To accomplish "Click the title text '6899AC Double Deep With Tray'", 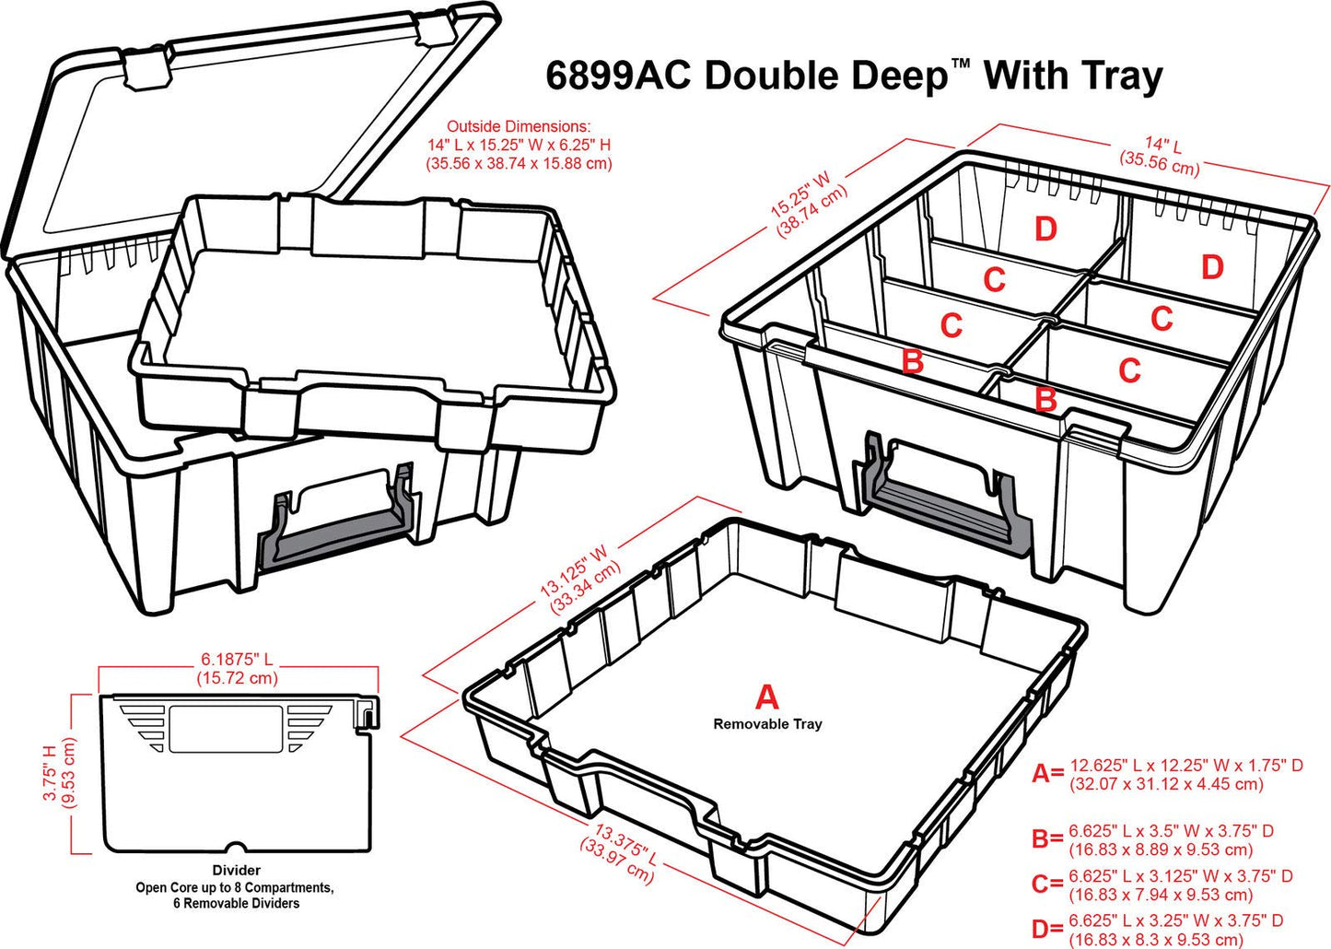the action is click(x=854, y=76).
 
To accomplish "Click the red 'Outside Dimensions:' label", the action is click(x=519, y=126).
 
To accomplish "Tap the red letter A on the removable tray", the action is click(x=766, y=697).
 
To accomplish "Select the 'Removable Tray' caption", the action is click(x=767, y=724).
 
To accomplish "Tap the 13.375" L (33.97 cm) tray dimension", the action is click(x=621, y=853).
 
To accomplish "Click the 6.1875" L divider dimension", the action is click(x=237, y=668).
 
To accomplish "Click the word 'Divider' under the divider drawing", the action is click(x=237, y=870).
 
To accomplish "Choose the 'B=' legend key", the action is click(x=1047, y=839).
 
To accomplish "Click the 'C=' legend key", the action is click(x=1047, y=885).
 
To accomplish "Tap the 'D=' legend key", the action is click(x=1047, y=930).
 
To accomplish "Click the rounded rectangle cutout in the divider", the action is click(x=226, y=729).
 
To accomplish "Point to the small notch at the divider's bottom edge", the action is click(x=237, y=848).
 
